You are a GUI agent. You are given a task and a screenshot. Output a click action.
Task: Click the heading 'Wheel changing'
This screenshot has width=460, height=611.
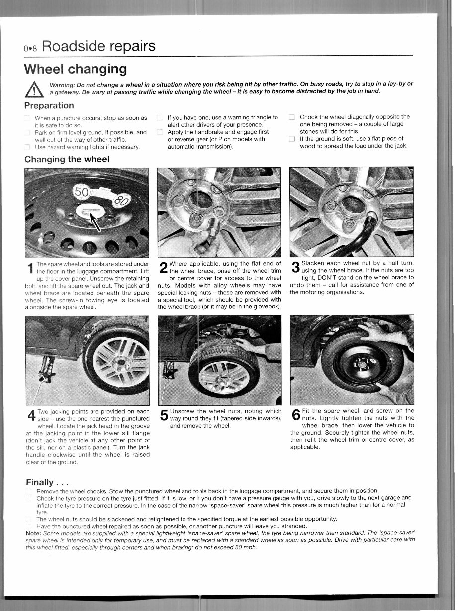pos(76,68)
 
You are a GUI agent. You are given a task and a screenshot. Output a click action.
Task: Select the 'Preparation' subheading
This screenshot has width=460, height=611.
pos(49,105)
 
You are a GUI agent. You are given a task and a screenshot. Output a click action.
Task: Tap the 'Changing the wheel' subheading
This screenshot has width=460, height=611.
pos(67,159)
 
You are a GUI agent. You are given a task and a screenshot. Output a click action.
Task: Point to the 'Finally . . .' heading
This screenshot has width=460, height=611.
pos(46,482)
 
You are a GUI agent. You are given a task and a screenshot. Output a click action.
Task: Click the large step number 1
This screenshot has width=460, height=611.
pos(29,269)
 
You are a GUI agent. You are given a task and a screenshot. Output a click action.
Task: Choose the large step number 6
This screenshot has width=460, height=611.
pos(295,416)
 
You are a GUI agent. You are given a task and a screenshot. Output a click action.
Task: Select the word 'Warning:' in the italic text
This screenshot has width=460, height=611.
pos(63,84)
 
